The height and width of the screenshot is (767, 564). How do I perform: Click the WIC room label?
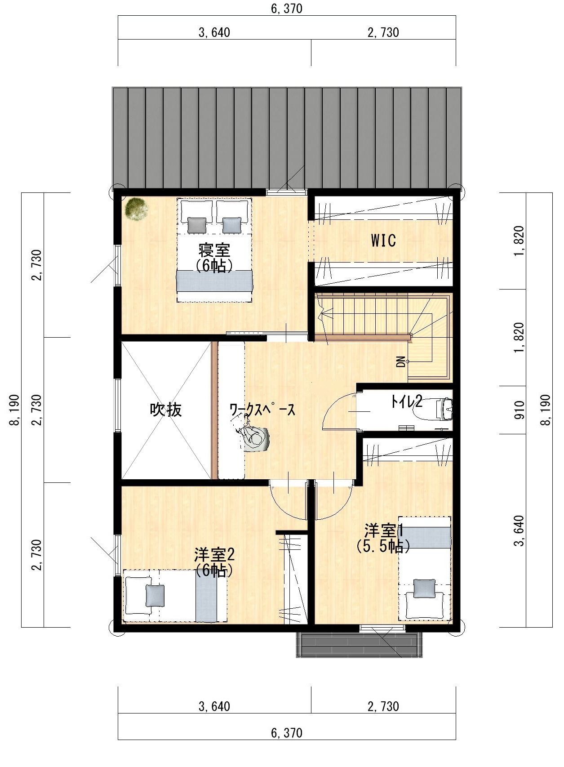point(383,241)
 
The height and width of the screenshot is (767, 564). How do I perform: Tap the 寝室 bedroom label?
point(214,250)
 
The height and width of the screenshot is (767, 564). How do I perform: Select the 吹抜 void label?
point(166,410)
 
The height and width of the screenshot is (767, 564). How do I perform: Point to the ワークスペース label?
point(262,410)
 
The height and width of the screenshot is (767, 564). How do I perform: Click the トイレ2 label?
point(407,401)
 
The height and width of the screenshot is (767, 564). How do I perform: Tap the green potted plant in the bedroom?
point(137,209)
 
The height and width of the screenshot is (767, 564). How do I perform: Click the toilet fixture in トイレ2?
point(445,409)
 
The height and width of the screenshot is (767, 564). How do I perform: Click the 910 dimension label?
point(519,410)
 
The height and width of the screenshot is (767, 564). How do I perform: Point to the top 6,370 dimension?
point(287,9)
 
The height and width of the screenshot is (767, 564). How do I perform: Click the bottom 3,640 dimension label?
point(214,706)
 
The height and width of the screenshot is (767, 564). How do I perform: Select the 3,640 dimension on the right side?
point(519,531)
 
